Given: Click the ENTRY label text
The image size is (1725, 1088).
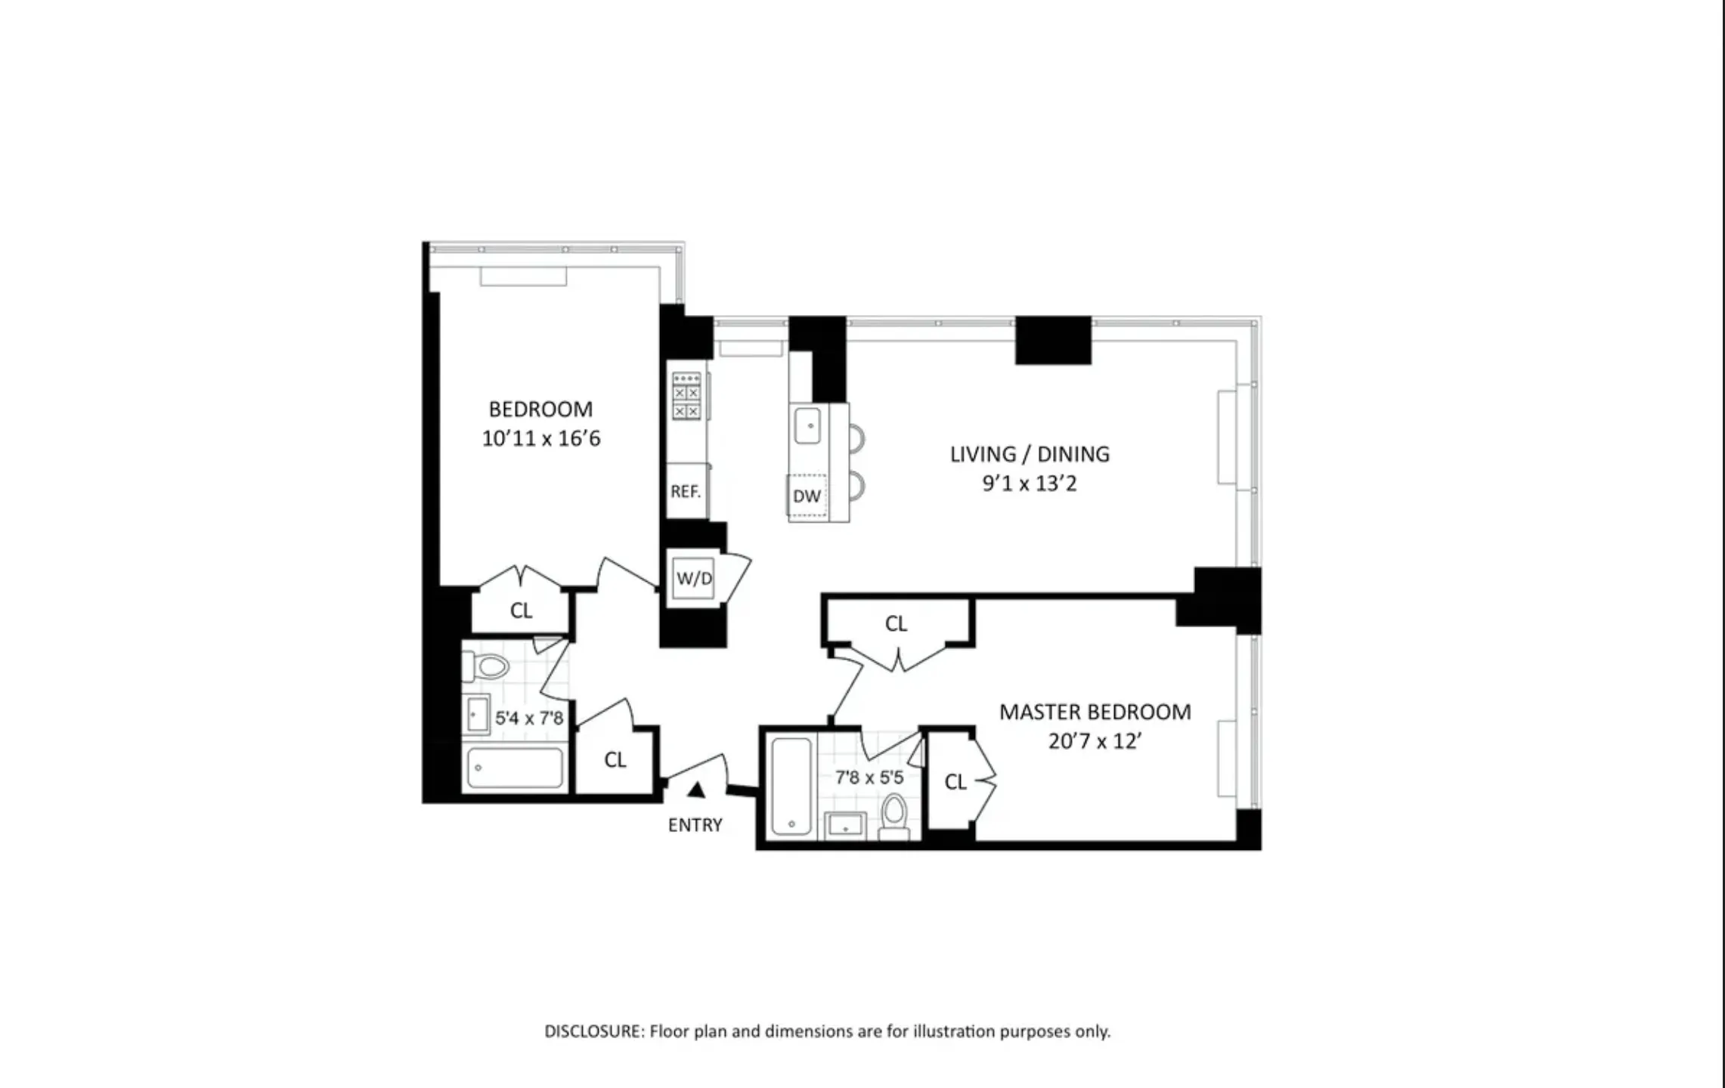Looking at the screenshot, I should tap(695, 825).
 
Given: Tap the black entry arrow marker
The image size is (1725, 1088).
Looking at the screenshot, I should tap(696, 790).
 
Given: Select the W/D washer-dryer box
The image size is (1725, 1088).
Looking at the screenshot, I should tap(694, 579).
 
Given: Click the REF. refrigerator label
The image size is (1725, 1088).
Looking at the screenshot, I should tap(686, 492).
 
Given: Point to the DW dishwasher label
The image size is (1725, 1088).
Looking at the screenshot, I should tap(807, 496).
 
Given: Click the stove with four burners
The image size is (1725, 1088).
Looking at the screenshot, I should tap(686, 396).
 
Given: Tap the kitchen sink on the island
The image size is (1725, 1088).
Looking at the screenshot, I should tap(808, 425).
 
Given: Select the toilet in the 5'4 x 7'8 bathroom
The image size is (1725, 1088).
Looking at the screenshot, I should tap(488, 666).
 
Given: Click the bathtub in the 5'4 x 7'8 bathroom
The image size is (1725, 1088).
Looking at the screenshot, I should tap(515, 768).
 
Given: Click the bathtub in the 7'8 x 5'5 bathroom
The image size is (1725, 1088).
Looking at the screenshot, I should tap(791, 787).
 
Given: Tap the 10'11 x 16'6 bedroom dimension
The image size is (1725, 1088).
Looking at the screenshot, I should tap(541, 439).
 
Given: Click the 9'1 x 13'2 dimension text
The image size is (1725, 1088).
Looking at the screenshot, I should tap(1030, 484).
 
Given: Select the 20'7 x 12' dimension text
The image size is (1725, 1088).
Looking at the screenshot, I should tap(1095, 741).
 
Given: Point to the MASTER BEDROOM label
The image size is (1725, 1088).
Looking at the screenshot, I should tap(1095, 712).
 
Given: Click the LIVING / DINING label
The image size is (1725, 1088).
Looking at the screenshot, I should tap(1030, 454).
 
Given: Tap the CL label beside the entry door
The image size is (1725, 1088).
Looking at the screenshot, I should tap(615, 760).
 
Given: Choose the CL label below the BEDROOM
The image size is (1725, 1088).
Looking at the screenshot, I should tap(521, 610).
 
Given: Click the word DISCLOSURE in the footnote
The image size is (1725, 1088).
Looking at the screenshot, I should tap(594, 1031).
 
